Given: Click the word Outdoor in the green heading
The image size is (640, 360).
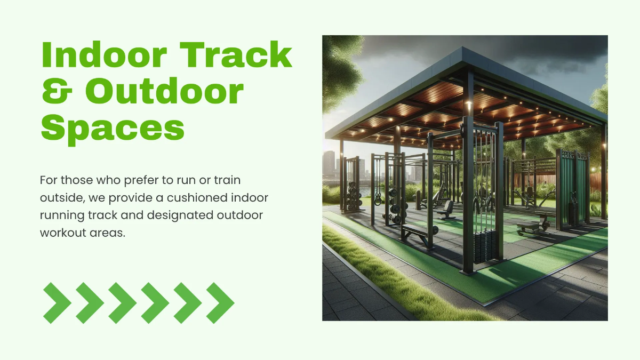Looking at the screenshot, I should [x=164, y=92].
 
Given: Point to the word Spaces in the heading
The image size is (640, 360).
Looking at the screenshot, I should [x=113, y=128].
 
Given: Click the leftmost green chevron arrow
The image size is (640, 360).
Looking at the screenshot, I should [x=56, y=303].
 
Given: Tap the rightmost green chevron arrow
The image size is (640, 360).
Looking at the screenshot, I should [x=220, y=303].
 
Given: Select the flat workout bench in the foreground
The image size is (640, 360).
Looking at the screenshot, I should [x=415, y=233].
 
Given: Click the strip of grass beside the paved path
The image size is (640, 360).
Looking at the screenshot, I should [x=384, y=277].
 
